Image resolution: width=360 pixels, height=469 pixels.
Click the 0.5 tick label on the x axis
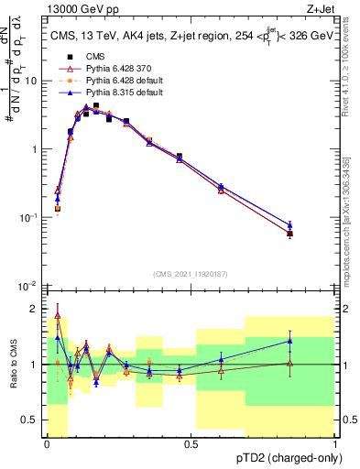[x=191, y=444]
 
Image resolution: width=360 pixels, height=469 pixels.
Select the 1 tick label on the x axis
[x=335, y=444]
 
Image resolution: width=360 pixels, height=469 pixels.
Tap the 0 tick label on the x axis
[x=47, y=444]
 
